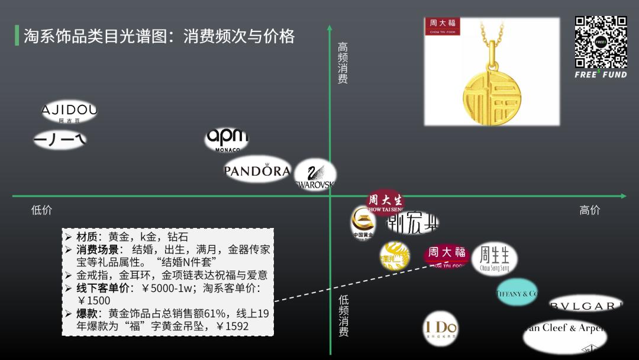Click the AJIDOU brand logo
click(x=69, y=111)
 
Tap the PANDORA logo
click(x=257, y=171)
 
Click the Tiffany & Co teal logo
click(x=517, y=292)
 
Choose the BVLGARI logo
click(x=585, y=306)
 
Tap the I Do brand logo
click(x=441, y=328)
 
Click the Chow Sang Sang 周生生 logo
click(x=494, y=259)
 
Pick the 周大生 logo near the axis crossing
click(x=385, y=201)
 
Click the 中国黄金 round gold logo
click(x=363, y=223)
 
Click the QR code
click(x=601, y=42)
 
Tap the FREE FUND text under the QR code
click(x=601, y=75)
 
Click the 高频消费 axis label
click(x=343, y=63)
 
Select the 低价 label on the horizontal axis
click(x=41, y=210)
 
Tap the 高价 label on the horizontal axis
click(x=589, y=210)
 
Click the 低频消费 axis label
click(x=344, y=316)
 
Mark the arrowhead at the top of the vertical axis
click(x=330, y=27)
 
